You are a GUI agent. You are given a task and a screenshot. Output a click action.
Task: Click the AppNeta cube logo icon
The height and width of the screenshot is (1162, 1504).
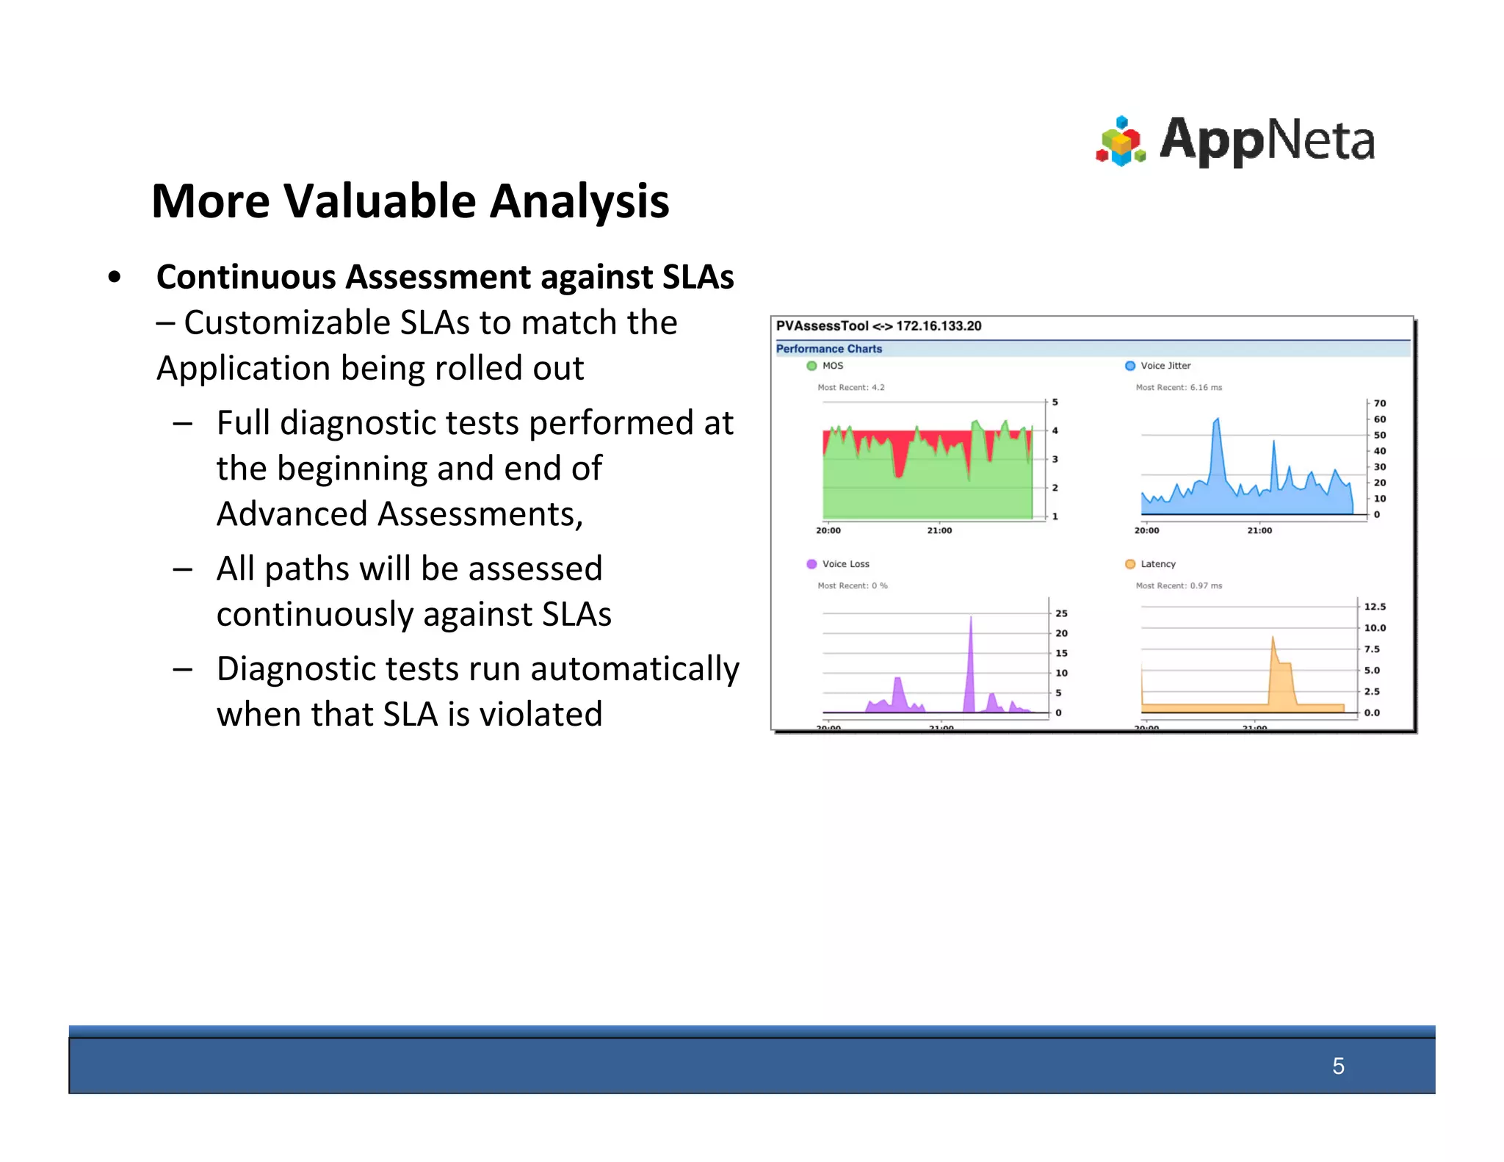click(x=1120, y=141)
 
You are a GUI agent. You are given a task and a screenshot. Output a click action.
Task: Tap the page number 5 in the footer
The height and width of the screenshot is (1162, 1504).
click(x=1338, y=1066)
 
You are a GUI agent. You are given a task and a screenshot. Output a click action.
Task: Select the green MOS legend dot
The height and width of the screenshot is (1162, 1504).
click(x=811, y=366)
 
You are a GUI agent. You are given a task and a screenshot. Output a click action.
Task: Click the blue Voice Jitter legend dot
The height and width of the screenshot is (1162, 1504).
click(x=1130, y=366)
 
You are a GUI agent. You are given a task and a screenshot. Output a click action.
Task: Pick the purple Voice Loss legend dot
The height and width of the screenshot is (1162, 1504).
click(x=811, y=564)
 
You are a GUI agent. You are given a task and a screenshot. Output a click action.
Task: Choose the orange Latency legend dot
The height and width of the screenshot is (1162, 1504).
click(x=1130, y=564)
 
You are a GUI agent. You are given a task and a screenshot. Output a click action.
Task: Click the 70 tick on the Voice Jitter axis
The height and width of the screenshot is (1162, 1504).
click(x=1380, y=403)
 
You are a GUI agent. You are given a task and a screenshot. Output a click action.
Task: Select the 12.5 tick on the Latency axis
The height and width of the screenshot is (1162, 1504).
click(x=1375, y=607)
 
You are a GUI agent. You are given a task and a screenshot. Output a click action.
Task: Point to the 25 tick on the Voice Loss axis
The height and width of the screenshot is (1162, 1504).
click(x=1061, y=613)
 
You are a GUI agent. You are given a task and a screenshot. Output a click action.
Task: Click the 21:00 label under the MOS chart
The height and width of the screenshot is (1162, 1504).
click(x=939, y=530)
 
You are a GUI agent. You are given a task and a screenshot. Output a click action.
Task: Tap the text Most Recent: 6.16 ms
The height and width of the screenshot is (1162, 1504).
click(x=1179, y=387)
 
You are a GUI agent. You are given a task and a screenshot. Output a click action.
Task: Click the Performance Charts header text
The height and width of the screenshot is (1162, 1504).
click(x=829, y=349)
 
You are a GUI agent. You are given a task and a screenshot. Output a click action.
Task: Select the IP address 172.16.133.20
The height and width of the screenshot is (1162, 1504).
click(x=939, y=326)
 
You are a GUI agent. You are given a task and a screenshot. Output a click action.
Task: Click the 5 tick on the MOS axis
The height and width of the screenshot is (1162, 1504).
click(x=1055, y=403)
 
